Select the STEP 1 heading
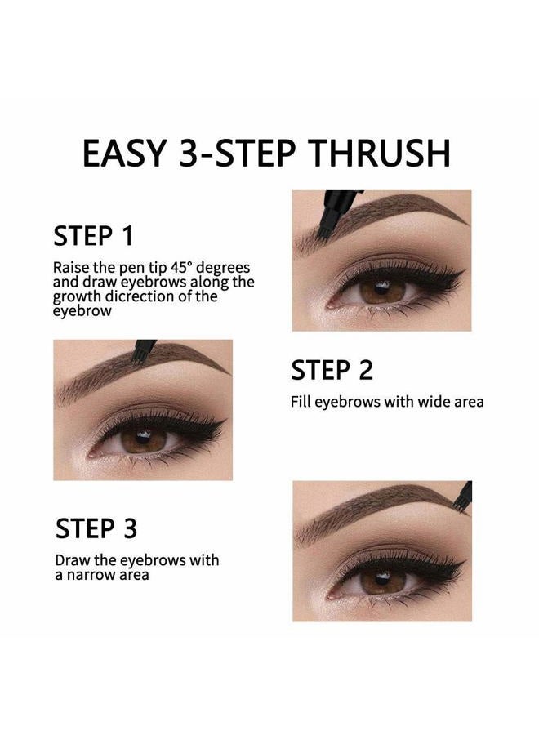(x=93, y=236)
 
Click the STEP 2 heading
(x=332, y=370)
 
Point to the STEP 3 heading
(x=96, y=528)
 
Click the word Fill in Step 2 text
(x=301, y=402)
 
